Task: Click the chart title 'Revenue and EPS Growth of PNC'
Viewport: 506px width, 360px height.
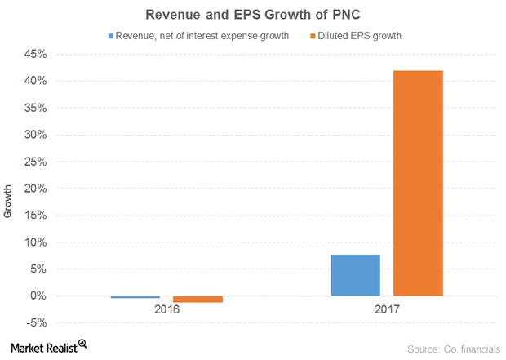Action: [254, 15]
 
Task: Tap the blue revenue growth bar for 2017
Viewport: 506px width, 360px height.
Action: [355, 275]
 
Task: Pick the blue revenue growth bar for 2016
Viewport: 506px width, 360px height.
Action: [135, 297]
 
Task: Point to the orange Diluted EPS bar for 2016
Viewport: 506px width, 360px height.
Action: [198, 300]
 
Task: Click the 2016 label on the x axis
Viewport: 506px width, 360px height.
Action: [166, 311]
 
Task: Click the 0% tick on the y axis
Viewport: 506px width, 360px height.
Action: [38, 296]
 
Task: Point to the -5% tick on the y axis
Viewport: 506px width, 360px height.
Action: [36, 323]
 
